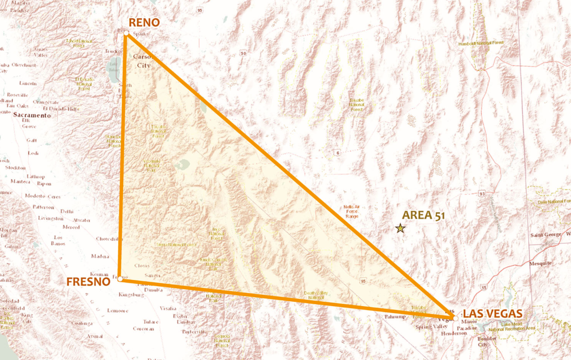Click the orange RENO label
(x=144, y=23)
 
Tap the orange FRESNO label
(x=88, y=282)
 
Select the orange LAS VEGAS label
(x=493, y=314)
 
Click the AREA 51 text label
(x=424, y=215)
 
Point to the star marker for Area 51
(x=400, y=228)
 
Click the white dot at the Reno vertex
(x=126, y=34)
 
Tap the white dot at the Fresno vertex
(x=120, y=279)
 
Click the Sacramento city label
(x=33, y=115)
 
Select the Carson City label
(x=144, y=61)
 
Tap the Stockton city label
(x=15, y=168)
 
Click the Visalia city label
(x=168, y=308)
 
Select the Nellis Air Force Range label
(x=351, y=211)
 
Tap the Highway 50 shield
(x=243, y=53)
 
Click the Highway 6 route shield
(x=337, y=153)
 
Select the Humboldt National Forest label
(x=481, y=43)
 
